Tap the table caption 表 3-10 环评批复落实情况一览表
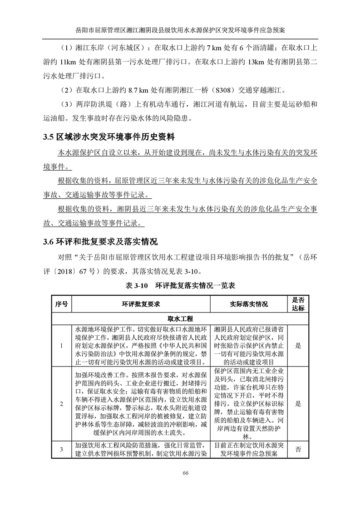click(180, 286)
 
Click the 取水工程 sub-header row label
click(180, 319)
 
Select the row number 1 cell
click(61, 345)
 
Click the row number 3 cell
click(61, 449)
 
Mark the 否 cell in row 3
click(298, 449)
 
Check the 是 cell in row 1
click(298, 345)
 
